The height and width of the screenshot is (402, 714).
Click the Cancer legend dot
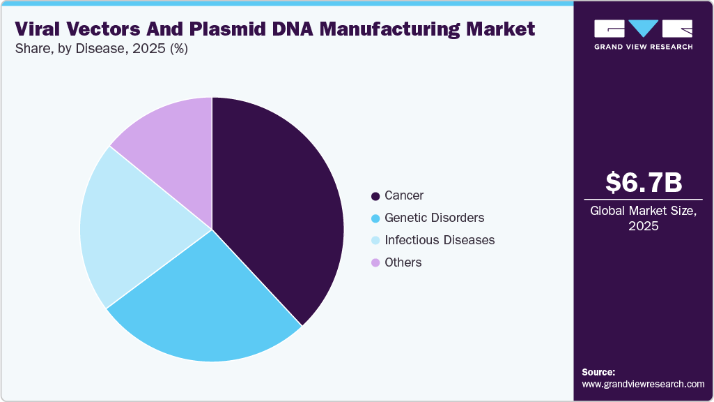point(376,196)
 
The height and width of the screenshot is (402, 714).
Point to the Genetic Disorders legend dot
point(376,218)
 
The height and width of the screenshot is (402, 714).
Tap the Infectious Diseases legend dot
point(376,241)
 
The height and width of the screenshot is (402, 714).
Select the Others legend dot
point(376,263)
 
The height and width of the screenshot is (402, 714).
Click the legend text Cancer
point(404,196)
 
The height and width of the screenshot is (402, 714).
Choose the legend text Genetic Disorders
point(434,218)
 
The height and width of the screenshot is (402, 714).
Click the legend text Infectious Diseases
point(440,240)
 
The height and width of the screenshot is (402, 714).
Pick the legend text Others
point(403,262)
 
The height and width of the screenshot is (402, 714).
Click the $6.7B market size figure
point(643,182)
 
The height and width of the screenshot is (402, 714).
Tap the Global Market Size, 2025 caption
point(643,218)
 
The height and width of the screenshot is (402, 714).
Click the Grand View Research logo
point(643,34)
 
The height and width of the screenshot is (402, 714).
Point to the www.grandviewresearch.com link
point(643,384)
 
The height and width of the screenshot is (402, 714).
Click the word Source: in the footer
point(598,372)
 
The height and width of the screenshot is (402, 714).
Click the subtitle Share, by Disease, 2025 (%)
point(101,49)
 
